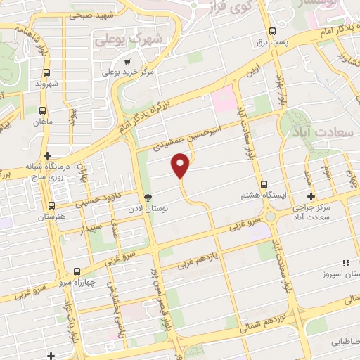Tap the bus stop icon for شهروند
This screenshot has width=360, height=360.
coord(46,72)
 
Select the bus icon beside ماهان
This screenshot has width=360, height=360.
coord(43,110)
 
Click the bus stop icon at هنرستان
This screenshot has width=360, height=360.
coord(51,206)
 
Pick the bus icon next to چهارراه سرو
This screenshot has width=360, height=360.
coord(76,271)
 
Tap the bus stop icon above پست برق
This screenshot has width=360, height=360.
coord(273,31)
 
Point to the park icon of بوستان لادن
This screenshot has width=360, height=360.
coord(147,198)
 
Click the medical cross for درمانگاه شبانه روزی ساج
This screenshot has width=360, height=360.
coord(47,155)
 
